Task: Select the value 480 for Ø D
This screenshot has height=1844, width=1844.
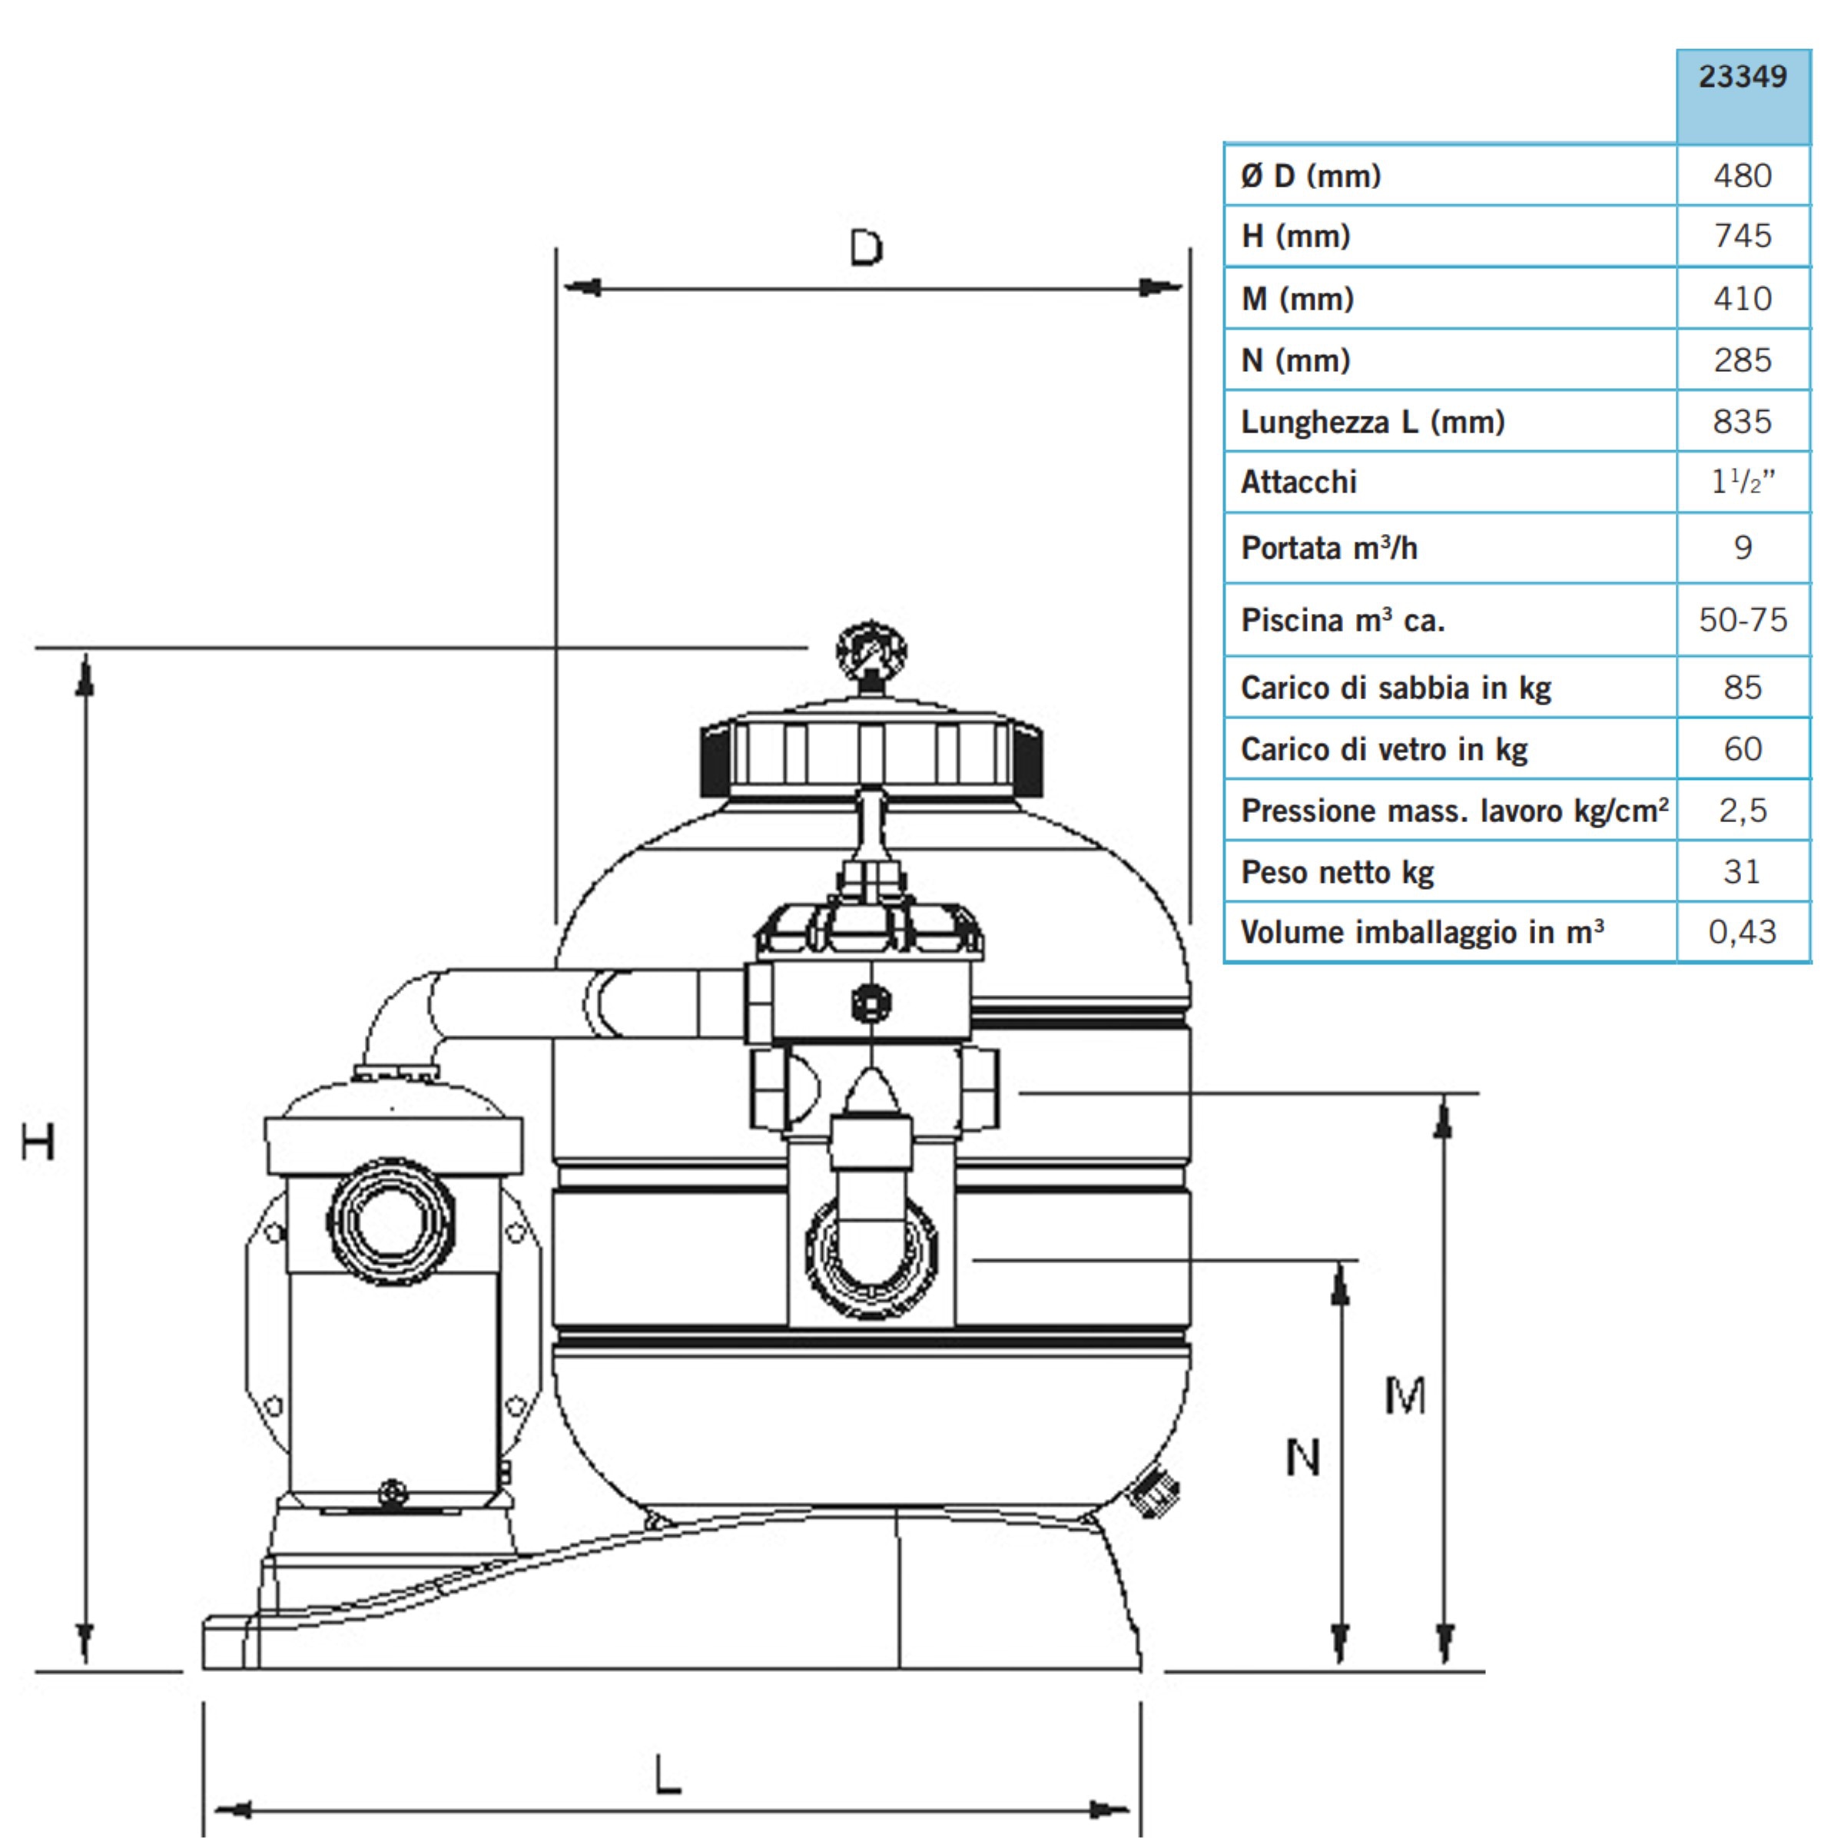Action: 1743,176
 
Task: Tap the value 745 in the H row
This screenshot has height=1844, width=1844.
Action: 1743,236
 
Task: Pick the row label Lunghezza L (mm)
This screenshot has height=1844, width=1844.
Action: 1372,422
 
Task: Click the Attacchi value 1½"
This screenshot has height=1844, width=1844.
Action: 1743,481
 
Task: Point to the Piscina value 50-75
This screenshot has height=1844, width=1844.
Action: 1743,620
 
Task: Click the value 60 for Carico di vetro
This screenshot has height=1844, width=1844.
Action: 1743,749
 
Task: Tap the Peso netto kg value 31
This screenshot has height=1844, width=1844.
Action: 1742,871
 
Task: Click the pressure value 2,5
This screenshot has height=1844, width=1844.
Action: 1743,811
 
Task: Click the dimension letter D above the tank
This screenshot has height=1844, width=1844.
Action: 867,248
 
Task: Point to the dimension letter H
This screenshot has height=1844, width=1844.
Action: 38,1142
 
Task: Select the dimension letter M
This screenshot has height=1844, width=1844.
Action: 1405,1395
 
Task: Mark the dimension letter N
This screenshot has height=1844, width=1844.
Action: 1303,1458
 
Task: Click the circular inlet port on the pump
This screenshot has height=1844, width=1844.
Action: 391,1222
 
